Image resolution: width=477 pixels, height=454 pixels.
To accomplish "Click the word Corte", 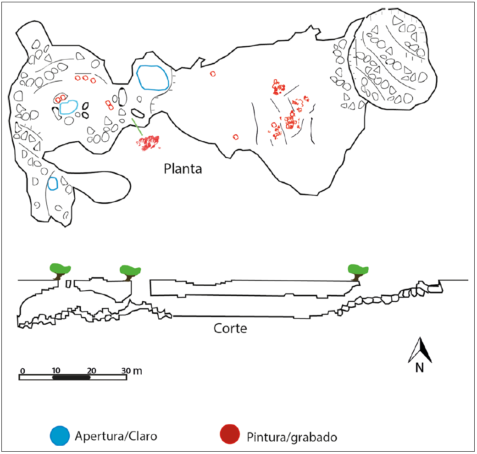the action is (230, 328).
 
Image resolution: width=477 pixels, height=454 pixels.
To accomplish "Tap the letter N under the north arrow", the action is (419, 368).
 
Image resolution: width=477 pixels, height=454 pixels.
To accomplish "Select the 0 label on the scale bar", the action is (22, 370).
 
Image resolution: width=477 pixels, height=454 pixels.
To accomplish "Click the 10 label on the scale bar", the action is (56, 370).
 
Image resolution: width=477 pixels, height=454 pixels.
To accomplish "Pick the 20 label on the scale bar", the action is (91, 370).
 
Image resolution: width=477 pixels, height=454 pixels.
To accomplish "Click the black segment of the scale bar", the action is (71, 377).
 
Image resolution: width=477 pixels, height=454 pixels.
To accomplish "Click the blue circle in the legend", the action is (60, 435).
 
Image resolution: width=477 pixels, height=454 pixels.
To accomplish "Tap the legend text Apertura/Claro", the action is (116, 436).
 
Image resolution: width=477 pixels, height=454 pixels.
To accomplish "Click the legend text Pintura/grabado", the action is (291, 437).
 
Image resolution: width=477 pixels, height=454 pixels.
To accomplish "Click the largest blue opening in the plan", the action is (153, 77).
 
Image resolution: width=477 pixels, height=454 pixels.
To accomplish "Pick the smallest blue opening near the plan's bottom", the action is (53, 183).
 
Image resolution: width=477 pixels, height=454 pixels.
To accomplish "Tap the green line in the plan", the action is (137, 127).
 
